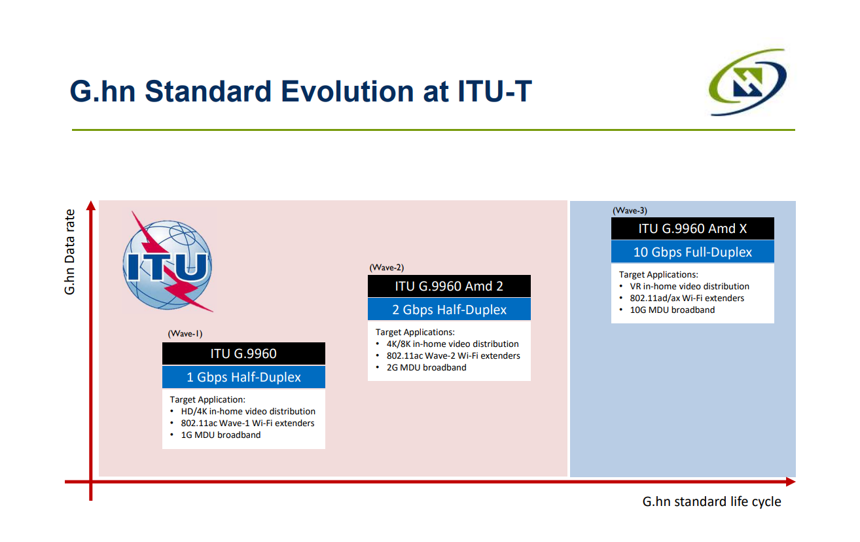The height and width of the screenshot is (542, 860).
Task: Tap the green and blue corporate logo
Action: [x=747, y=82]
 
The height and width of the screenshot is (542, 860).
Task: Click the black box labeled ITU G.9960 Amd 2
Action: [x=449, y=286]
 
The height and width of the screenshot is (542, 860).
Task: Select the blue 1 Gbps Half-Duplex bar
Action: [x=243, y=377]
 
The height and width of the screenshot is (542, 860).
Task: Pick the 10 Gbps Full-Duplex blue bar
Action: [x=692, y=252]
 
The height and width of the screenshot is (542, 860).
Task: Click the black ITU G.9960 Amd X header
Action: [x=692, y=228]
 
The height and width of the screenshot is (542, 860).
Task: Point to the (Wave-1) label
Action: [x=185, y=334]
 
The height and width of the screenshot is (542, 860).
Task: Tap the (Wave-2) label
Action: [x=387, y=268]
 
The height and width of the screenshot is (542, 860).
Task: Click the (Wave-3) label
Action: [x=630, y=210]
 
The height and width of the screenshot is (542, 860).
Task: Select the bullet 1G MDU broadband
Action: [x=221, y=435]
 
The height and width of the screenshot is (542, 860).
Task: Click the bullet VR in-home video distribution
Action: [x=689, y=286]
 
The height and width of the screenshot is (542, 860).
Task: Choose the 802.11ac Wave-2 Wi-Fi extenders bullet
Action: [x=453, y=356]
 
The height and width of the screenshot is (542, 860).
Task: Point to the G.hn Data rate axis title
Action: [x=69, y=252]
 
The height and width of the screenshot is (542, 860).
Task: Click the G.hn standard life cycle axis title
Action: [x=712, y=501]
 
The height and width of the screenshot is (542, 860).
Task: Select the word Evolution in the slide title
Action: [x=348, y=92]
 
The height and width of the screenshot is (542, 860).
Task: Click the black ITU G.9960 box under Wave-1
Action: [x=243, y=353]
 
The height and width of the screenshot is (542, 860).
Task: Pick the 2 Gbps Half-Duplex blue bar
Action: [x=449, y=310]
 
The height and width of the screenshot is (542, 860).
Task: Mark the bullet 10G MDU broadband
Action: [x=672, y=310]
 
